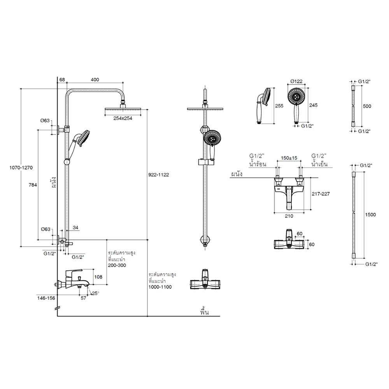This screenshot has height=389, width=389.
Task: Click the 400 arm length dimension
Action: (95, 80)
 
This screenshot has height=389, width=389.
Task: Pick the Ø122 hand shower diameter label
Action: (296, 82)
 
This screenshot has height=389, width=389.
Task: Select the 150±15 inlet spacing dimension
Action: (289, 158)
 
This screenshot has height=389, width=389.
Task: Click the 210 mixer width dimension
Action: (289, 216)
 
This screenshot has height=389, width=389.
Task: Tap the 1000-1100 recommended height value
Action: (160, 287)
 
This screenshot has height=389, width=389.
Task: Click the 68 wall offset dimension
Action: (62, 80)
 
